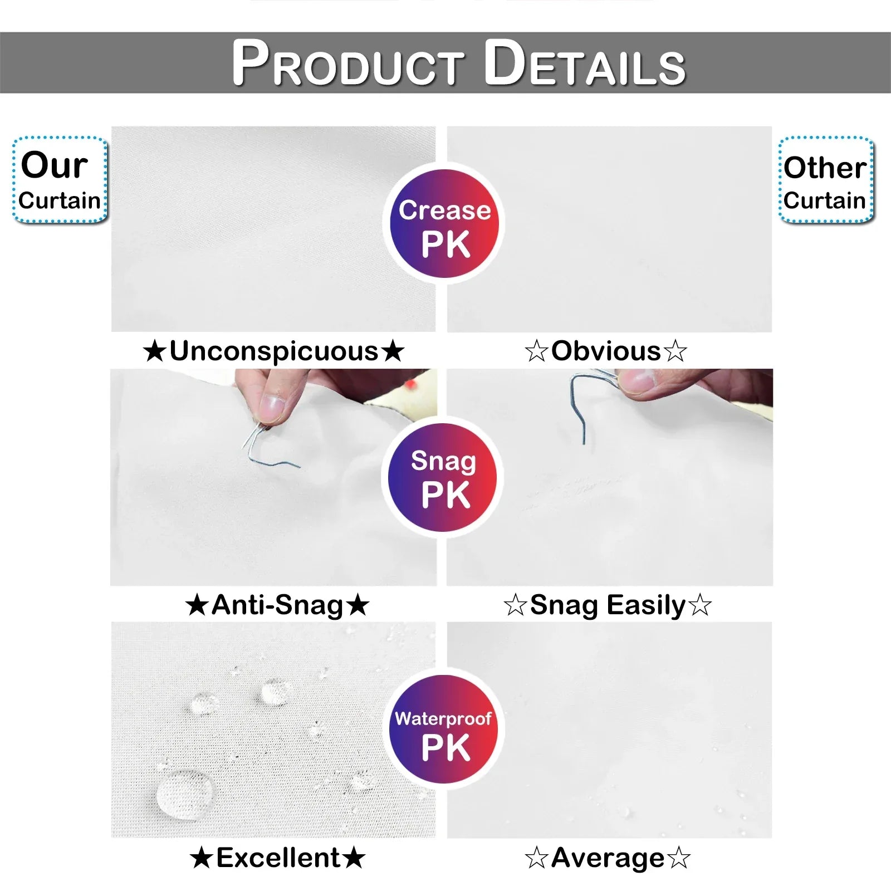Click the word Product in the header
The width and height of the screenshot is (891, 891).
pyautogui.click(x=348, y=62)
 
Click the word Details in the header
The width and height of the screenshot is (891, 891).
pyautogui.click(x=585, y=62)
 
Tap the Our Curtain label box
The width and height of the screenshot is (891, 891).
pyautogui.click(x=60, y=180)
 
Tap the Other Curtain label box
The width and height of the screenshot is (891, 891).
pyautogui.click(x=826, y=180)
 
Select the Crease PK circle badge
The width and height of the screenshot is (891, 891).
pyautogui.click(x=444, y=224)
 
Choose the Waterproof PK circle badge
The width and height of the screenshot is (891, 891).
pyautogui.click(x=444, y=730)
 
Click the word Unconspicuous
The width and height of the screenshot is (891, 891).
pyautogui.click(x=274, y=352)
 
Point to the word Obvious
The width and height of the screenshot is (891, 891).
pyautogui.click(x=606, y=351)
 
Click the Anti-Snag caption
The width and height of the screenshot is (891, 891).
pyautogui.click(x=277, y=605)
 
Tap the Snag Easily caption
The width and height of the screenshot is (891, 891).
pyautogui.click(x=608, y=606)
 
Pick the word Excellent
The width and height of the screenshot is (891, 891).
pyautogui.click(x=278, y=858)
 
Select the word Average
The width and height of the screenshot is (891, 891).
pyautogui.click(x=608, y=859)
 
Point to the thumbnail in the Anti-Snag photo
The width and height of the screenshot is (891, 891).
pyautogui.click(x=272, y=408)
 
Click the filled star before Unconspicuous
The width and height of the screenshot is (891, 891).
pyautogui.click(x=155, y=352)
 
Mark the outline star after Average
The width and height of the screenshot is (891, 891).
pyautogui.click(x=678, y=858)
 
